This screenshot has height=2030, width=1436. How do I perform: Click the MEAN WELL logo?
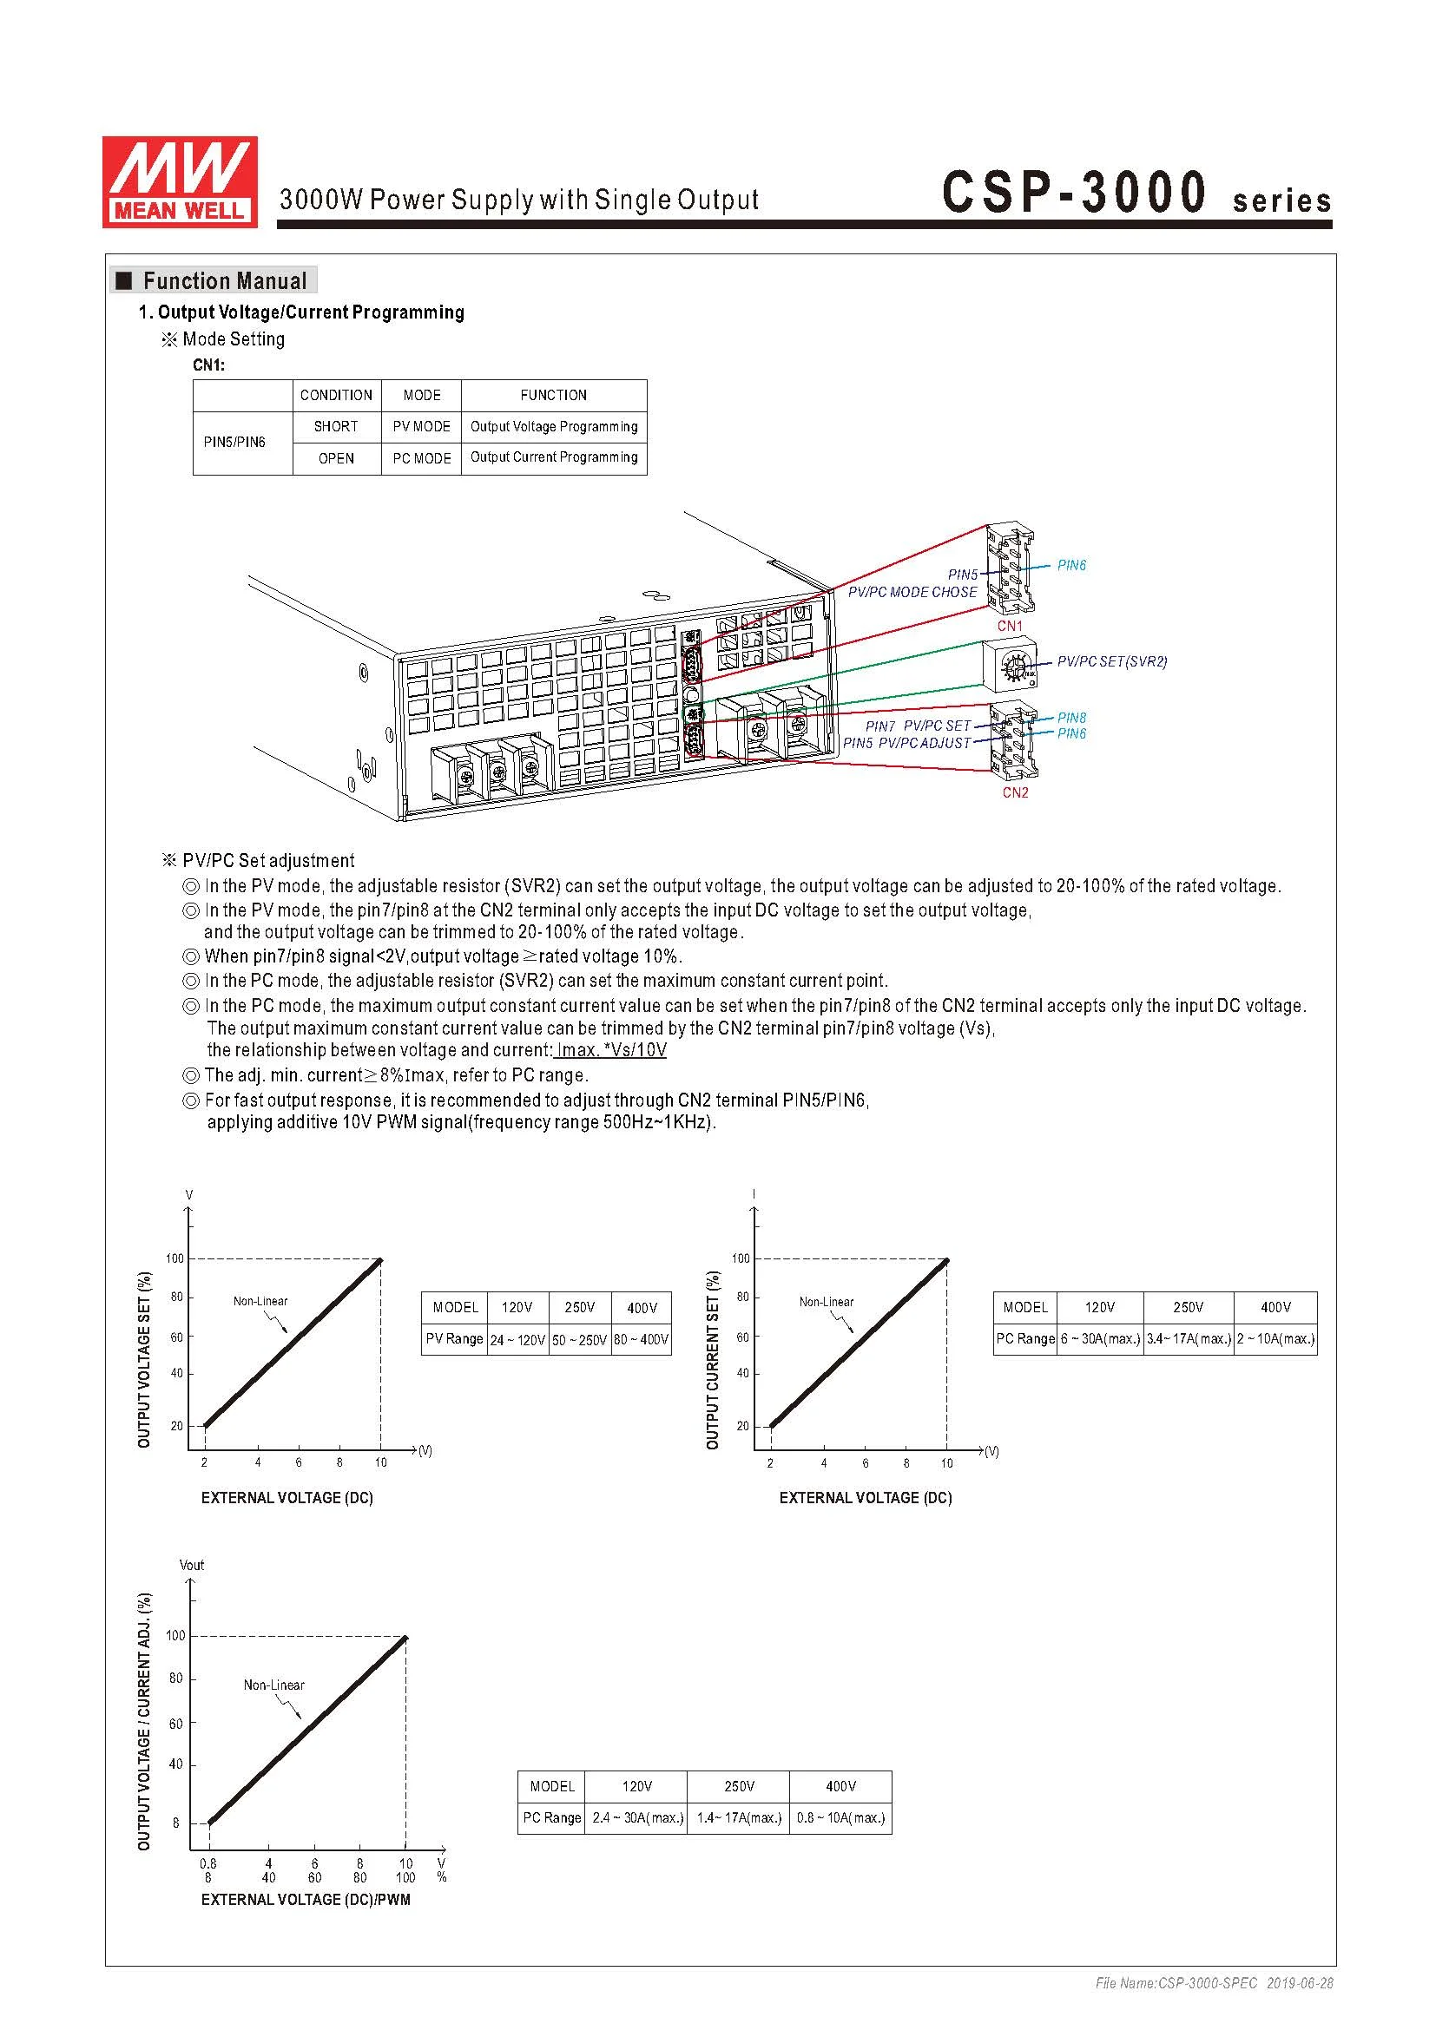[180, 181]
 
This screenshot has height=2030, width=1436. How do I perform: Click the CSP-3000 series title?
[1136, 193]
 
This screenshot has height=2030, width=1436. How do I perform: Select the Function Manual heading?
[224, 281]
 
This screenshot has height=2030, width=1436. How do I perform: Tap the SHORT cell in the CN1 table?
[336, 426]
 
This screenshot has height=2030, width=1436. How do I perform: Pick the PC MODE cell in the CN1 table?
[422, 458]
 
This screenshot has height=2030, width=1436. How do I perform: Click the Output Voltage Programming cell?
[554, 426]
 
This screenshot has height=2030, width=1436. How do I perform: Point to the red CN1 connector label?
[1010, 626]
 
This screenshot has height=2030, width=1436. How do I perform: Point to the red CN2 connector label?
[1015, 792]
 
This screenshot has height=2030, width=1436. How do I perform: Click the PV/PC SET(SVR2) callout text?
[1111, 661]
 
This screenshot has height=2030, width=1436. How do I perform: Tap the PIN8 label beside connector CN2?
[1071, 718]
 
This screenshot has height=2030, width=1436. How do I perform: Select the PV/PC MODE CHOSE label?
[912, 593]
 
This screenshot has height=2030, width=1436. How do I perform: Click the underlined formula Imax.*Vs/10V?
[610, 1049]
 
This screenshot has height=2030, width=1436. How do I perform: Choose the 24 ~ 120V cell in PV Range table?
[517, 1339]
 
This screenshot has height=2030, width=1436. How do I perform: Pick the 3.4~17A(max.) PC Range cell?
[1189, 1338]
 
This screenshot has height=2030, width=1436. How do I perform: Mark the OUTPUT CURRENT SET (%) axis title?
[713, 1360]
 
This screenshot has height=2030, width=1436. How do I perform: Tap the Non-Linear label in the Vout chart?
[274, 1685]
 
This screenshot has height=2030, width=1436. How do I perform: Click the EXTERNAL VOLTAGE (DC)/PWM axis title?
[306, 1899]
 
